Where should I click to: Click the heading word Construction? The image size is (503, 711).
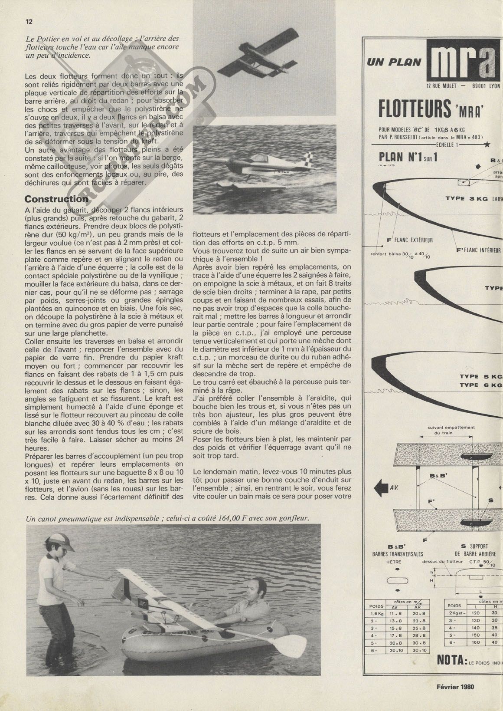coord(56,199)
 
